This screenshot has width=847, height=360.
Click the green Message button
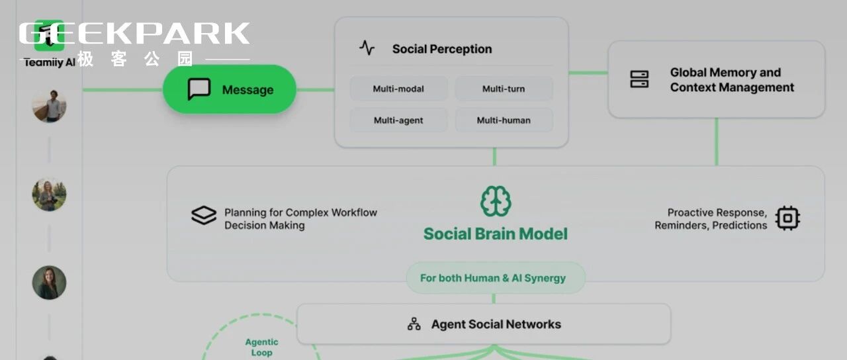(x=230, y=89)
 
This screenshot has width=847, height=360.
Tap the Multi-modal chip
(x=398, y=89)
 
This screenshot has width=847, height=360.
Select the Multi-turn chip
(x=504, y=89)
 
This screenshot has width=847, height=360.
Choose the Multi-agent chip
(x=398, y=120)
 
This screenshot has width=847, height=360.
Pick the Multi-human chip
(x=504, y=120)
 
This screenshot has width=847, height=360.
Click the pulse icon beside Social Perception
(x=367, y=48)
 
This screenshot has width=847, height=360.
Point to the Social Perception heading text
(x=441, y=49)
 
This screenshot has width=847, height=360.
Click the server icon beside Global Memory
(x=639, y=79)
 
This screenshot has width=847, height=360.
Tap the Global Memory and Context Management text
(x=731, y=79)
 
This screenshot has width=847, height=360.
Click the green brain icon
(x=496, y=201)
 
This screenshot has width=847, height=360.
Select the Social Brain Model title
(x=496, y=234)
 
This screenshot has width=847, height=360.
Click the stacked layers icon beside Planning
(x=204, y=216)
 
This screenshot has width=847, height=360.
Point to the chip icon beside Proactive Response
(x=787, y=218)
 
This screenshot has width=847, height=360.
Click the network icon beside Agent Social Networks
(x=414, y=324)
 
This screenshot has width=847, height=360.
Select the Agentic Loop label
(x=261, y=347)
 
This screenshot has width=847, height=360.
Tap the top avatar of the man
(x=49, y=106)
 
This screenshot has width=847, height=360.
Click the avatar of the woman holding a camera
(x=49, y=195)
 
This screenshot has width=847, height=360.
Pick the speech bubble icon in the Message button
(x=199, y=89)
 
